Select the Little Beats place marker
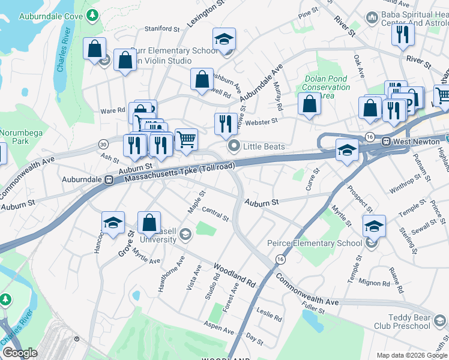(232, 146)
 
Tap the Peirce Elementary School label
(315, 243)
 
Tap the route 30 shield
(103, 144)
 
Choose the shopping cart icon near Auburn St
(186, 139)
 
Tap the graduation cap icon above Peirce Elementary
(373, 226)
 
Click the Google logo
(20, 353)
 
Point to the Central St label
(215, 213)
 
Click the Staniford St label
(162, 29)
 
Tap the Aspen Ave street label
(220, 329)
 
